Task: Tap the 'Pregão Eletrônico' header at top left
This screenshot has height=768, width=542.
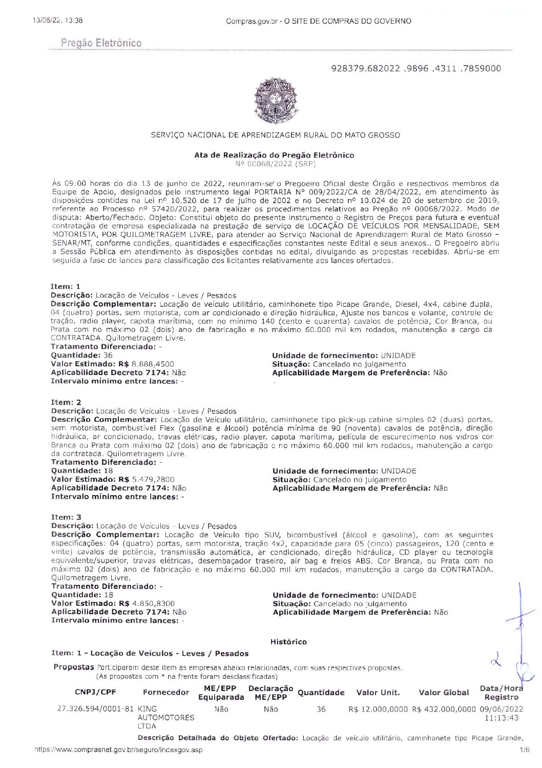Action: point(101,43)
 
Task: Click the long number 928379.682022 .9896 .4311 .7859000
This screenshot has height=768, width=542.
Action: point(416,68)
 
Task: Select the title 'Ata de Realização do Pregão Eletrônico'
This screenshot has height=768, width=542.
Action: point(274,155)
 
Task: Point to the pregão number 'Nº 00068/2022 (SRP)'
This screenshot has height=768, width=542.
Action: point(275,164)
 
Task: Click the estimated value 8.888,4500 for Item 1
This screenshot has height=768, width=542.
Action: point(153,364)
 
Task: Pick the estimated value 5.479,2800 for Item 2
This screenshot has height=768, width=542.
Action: point(153,479)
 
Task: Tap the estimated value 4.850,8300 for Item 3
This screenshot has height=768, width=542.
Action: point(153,603)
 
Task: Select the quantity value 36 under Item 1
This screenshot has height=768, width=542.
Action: point(108,355)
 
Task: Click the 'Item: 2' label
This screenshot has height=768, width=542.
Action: point(66,402)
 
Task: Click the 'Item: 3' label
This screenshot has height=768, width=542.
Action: point(66,517)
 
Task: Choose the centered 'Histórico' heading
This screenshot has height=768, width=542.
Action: point(288,642)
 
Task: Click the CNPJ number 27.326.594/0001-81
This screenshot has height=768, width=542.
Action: point(96,709)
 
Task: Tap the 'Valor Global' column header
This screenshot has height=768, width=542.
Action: point(444,693)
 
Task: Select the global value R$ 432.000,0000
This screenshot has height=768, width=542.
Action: point(444,709)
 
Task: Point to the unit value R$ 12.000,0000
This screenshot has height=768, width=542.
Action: point(378,709)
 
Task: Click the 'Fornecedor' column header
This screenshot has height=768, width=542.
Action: point(166,693)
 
